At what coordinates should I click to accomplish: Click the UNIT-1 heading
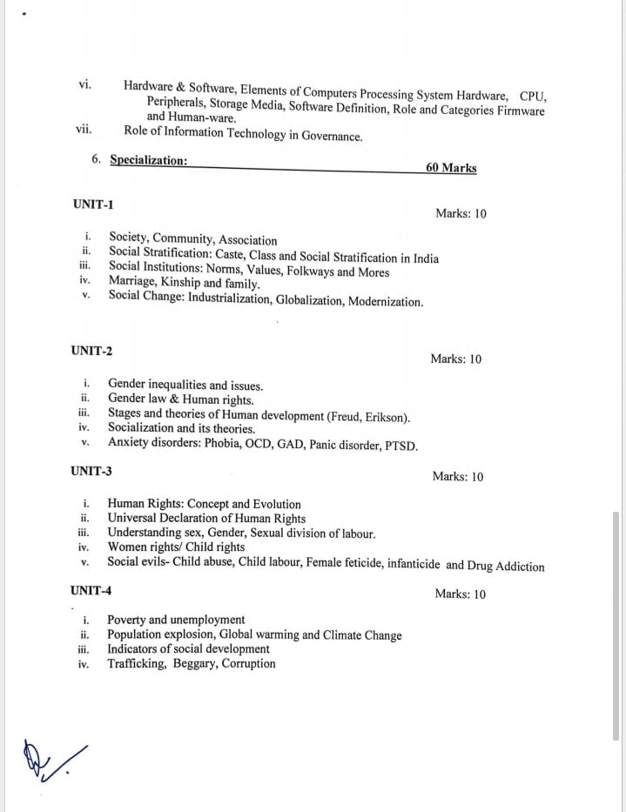click(x=93, y=205)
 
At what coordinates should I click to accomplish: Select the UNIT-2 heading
click(x=91, y=351)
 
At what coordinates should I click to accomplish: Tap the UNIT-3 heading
click(x=91, y=471)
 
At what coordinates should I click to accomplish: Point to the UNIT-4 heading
click(x=91, y=591)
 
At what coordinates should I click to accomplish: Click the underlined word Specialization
click(x=148, y=160)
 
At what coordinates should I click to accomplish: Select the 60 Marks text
click(x=451, y=168)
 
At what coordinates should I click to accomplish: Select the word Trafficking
click(x=136, y=663)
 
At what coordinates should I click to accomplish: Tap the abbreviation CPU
click(x=532, y=95)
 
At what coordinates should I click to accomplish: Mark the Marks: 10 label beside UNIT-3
click(x=458, y=477)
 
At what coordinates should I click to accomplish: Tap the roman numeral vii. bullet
click(x=85, y=129)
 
